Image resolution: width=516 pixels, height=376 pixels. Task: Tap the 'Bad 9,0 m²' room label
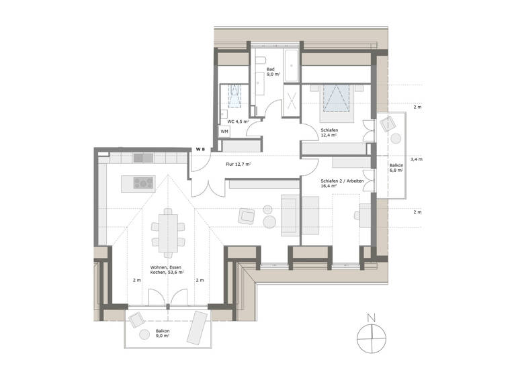271,72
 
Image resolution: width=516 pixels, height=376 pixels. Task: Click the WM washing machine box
224,132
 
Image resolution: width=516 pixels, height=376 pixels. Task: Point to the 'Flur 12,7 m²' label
238,164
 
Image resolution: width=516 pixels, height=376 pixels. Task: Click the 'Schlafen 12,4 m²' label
329,133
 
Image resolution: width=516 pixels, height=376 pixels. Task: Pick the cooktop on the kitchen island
144,182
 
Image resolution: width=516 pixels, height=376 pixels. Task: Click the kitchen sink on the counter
142,158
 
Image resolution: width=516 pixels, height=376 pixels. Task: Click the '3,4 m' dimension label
416,159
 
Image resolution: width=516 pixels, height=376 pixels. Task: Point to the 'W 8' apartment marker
200,148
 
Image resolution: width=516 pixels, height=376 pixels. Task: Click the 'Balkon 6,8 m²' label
396,168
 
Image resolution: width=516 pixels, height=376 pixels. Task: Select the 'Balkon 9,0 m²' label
163,334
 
